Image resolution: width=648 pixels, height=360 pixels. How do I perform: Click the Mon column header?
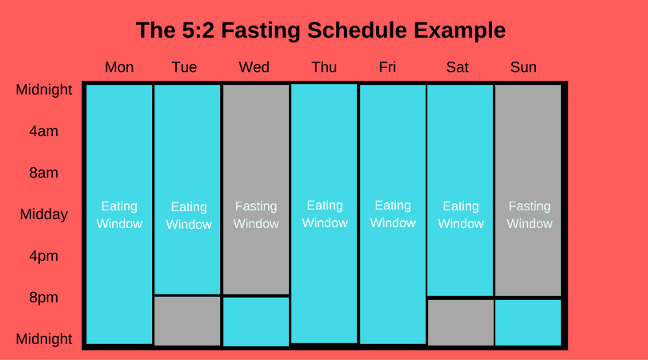tap(119, 67)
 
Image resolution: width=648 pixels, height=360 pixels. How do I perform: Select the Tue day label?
tap(184, 67)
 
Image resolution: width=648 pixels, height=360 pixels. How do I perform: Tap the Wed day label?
tap(254, 67)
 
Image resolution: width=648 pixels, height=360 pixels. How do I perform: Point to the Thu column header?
tap(324, 67)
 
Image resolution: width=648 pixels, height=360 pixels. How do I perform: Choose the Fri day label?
tap(387, 67)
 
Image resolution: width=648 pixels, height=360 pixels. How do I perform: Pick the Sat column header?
tap(457, 67)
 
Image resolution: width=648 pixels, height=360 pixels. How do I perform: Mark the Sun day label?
tap(523, 67)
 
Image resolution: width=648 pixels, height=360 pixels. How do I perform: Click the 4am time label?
tap(43, 131)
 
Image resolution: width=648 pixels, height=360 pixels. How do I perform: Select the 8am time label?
tap(43, 173)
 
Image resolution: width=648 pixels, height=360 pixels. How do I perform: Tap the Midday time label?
tap(43, 214)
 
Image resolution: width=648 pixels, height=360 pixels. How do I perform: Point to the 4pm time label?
tap(43, 256)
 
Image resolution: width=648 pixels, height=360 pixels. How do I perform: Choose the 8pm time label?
tap(43, 298)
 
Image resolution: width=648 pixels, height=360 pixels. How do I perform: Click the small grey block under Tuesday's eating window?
tap(187, 321)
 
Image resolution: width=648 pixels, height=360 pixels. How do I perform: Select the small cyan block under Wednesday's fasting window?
tap(256, 322)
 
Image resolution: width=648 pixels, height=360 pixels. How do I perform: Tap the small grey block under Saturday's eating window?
tap(460, 322)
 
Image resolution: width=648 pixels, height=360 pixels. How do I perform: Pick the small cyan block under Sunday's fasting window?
tap(529, 322)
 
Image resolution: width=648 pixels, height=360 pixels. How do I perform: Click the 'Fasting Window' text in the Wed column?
tap(256, 214)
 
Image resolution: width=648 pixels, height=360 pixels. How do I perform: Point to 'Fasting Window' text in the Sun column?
tap(529, 214)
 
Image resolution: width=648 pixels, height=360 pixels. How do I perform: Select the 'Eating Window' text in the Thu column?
tap(324, 214)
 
